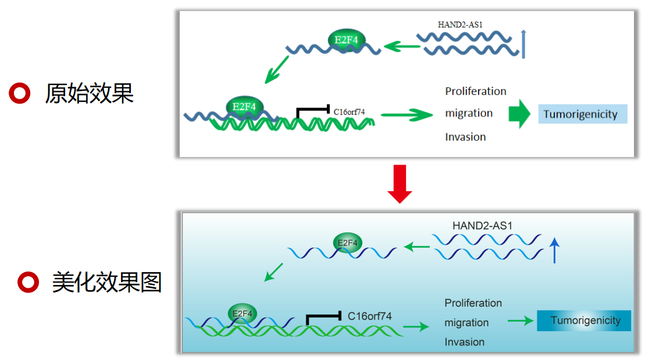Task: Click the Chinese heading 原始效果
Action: [x=89, y=94]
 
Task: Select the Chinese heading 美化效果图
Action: [x=107, y=282]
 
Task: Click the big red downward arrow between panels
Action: [x=400, y=184]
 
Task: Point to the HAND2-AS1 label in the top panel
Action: [x=460, y=24]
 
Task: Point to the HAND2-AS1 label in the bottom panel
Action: [x=483, y=226]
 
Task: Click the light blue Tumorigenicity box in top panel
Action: [x=582, y=114]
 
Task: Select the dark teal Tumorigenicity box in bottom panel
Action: [x=584, y=320]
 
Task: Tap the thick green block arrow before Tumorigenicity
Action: [x=519, y=114]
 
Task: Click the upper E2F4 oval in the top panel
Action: [x=347, y=40]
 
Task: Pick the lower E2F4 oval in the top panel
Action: [x=244, y=106]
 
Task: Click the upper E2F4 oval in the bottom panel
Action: [x=348, y=243]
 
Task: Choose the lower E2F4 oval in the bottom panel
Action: [x=243, y=313]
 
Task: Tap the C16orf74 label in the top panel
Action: [x=349, y=112]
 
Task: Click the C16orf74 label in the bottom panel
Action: [x=369, y=316]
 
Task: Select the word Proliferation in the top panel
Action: [x=476, y=91]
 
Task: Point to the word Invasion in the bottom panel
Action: [x=465, y=342]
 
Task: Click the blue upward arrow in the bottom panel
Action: [x=554, y=250]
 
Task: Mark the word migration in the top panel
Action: [x=469, y=113]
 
